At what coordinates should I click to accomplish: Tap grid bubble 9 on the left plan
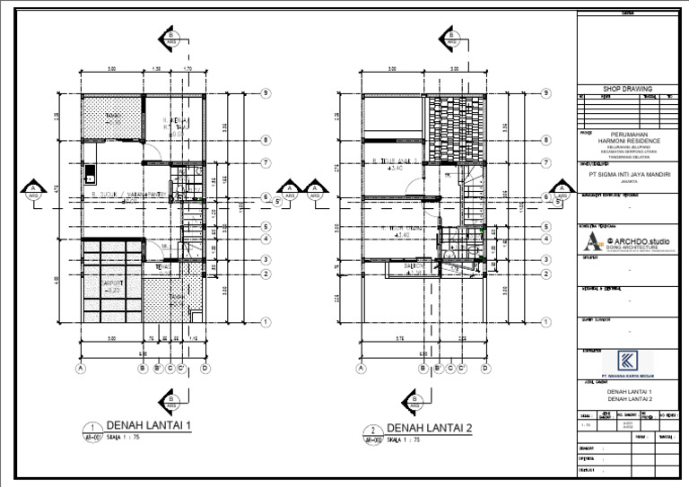[266, 93]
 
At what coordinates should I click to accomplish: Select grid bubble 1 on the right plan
[545, 321]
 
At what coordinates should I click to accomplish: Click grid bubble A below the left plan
[82, 368]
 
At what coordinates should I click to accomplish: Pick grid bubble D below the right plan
[484, 368]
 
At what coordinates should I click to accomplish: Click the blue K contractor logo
[626, 361]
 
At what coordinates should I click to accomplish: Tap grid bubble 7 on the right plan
[545, 162]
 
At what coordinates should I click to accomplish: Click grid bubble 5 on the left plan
[266, 227]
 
